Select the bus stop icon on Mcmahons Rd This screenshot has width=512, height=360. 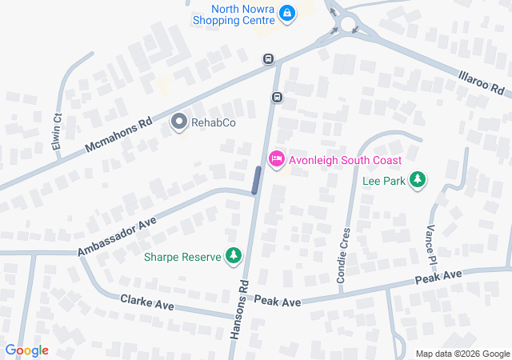[x=268, y=59]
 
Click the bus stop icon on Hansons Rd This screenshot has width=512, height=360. [x=277, y=98]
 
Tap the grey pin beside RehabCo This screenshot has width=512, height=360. [x=179, y=122]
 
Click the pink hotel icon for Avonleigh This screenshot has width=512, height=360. [x=276, y=158]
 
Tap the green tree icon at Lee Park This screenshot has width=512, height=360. [x=416, y=182]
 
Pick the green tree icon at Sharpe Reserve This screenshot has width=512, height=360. [x=233, y=256]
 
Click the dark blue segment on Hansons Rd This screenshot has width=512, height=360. [x=256, y=180]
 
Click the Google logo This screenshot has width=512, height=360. [x=26, y=350]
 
